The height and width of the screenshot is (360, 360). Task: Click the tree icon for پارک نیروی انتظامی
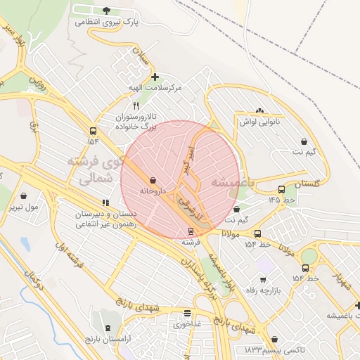(106, 10)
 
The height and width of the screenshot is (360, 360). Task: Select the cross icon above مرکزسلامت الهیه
(155, 77)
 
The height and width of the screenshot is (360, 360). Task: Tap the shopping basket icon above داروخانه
(153, 180)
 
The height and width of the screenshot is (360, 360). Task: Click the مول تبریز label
(24, 207)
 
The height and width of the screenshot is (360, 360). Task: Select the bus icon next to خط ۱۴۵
(281, 189)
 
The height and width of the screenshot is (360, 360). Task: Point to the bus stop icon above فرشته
(191, 231)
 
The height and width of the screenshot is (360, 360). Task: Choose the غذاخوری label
(187, 325)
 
